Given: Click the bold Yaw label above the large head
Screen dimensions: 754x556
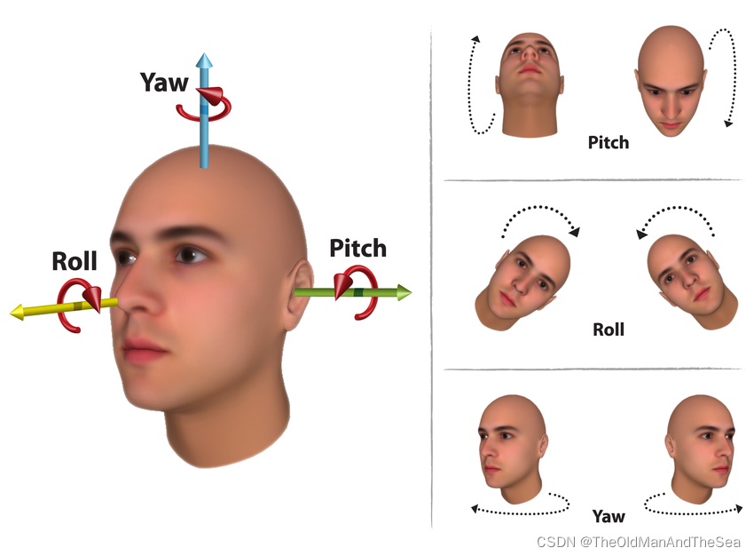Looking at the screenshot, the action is tap(164, 83).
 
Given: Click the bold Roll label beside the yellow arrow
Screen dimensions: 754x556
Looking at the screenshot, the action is tap(75, 261).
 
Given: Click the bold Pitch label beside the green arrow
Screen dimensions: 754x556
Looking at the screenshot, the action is tap(357, 248).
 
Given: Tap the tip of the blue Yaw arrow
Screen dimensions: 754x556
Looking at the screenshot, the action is tap(205, 58).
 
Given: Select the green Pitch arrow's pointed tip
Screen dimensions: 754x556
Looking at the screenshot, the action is tap(409, 291).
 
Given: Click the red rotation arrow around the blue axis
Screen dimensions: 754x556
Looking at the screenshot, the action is tap(208, 105).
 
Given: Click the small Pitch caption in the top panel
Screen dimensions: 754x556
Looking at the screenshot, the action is tap(608, 142).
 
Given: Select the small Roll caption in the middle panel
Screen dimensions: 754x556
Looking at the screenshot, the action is tap(608, 330).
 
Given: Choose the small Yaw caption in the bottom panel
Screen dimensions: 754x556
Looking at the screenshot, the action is tap(608, 516).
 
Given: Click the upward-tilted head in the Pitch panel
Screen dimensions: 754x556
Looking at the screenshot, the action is tap(530, 83).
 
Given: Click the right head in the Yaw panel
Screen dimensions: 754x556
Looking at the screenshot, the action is tap(701, 449).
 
